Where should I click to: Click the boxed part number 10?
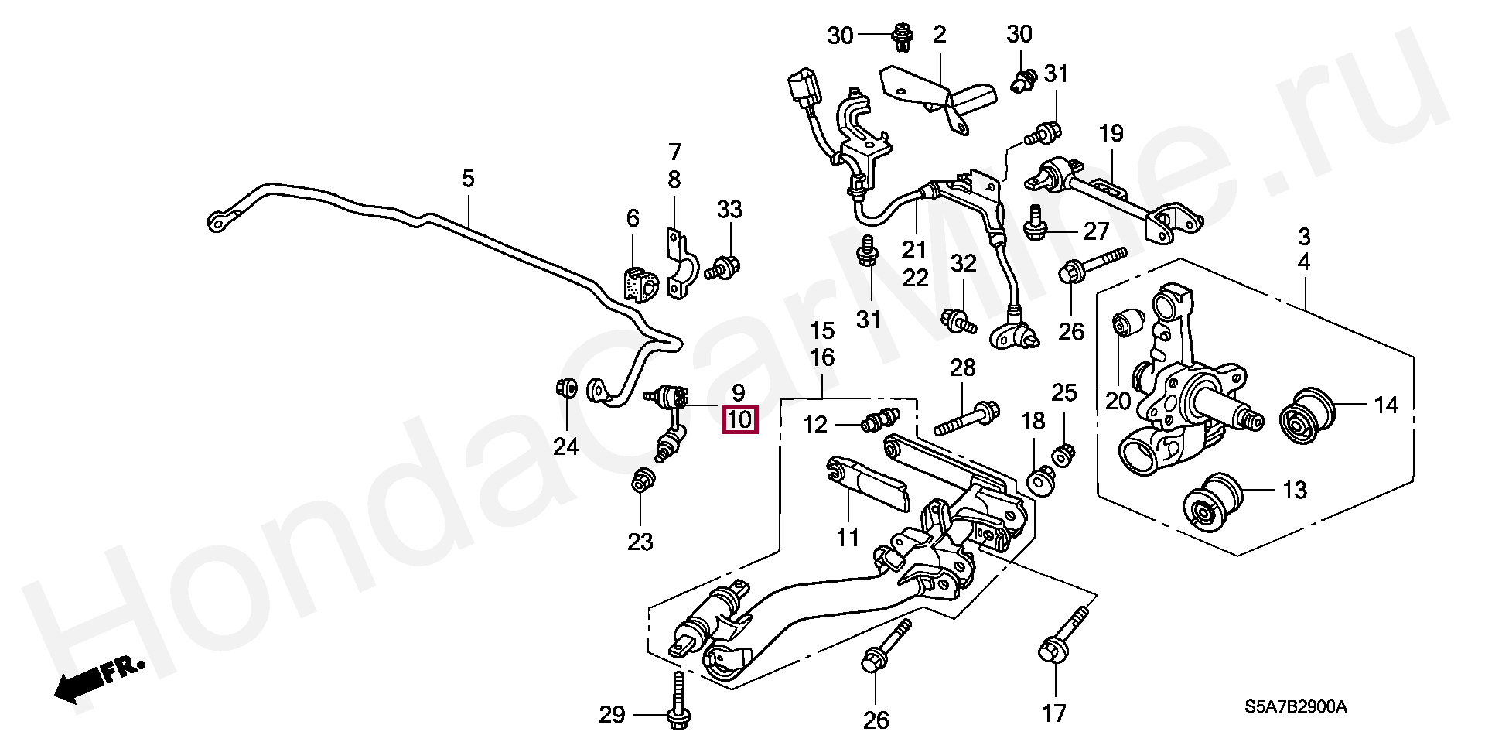(739, 420)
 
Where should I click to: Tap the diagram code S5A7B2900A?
(1296, 707)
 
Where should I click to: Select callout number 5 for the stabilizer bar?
(468, 179)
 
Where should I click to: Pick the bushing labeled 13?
(1213, 503)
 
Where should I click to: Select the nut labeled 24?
(566, 387)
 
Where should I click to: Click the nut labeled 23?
(640, 481)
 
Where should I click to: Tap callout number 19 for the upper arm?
(1111, 133)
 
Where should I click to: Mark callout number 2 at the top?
(940, 34)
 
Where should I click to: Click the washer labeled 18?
(1040, 480)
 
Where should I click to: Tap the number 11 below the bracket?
(848, 537)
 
